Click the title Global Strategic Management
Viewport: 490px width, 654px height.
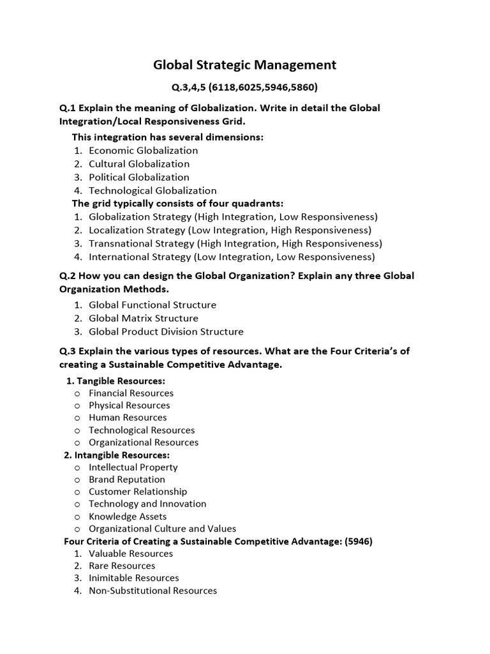point(245,65)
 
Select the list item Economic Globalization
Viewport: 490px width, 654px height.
point(143,151)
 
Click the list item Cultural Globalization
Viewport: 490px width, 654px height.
point(138,164)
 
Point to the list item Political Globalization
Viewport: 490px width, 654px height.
point(138,178)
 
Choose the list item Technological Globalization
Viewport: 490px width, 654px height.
point(152,190)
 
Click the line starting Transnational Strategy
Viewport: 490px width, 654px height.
point(235,244)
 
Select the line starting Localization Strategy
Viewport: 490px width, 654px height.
point(230,231)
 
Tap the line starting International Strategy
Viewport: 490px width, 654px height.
point(232,257)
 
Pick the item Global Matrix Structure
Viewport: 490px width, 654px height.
point(143,318)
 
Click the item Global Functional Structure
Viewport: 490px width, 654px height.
point(152,305)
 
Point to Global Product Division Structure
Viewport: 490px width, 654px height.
point(166,331)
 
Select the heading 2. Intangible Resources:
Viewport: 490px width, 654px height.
point(117,455)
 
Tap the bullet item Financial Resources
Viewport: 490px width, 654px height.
point(131,393)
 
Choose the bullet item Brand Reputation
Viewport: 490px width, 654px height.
point(126,480)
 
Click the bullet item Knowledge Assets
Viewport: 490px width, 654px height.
point(128,516)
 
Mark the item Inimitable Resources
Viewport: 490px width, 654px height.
point(133,578)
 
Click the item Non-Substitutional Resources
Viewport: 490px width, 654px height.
point(152,591)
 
